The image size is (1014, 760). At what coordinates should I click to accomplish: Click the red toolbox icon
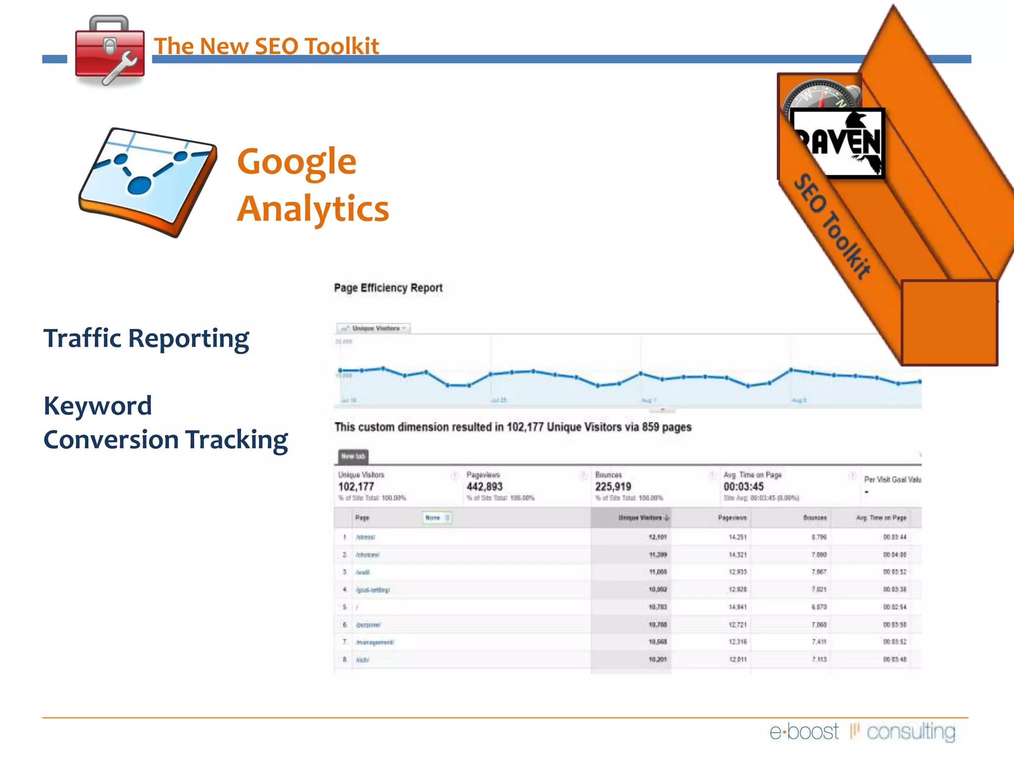pos(109,51)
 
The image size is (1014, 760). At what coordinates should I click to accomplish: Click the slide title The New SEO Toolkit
pos(266,46)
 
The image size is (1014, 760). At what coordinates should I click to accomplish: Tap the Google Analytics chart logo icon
pos(148,182)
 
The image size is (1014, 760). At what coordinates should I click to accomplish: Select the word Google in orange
pos(297,161)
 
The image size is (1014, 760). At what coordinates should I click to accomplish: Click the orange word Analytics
pos(313,209)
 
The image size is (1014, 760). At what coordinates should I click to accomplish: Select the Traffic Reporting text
pos(146,338)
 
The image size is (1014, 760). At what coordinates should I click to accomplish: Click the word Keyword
pos(98,406)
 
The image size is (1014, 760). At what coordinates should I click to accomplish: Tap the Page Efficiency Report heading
pos(388,288)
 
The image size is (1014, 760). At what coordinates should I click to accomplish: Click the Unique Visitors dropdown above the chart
pos(374,328)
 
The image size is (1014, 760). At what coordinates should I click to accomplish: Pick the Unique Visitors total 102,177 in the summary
pos(356,487)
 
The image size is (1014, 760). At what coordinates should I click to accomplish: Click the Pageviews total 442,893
pos(484,487)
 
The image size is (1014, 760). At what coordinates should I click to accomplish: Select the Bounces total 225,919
pos(613,487)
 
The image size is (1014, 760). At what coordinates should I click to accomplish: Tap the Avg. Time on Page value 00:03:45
pos(743,487)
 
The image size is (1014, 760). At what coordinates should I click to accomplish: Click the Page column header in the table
pos(362,518)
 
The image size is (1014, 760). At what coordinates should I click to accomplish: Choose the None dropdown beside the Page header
pos(437,518)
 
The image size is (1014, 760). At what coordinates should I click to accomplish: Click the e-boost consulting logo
pos(862,731)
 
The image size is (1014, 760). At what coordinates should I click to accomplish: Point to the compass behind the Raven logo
pos(820,94)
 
